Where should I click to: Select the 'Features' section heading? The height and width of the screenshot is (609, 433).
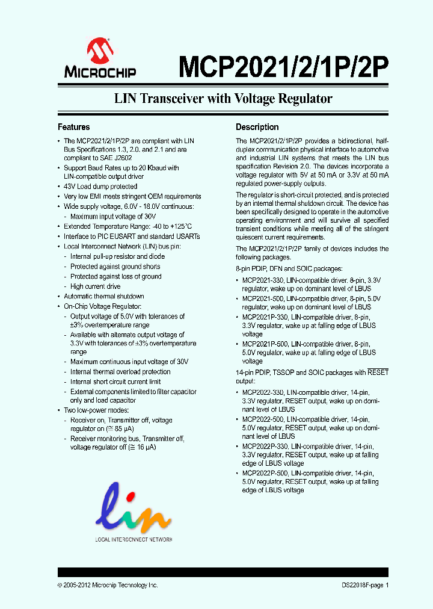[73, 128]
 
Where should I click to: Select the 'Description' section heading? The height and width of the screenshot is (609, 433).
[257, 128]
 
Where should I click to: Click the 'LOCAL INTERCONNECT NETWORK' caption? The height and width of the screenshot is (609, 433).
[134, 539]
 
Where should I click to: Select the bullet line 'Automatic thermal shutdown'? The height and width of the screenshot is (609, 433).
[104, 296]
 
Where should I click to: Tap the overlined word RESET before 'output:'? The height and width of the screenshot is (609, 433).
[378, 373]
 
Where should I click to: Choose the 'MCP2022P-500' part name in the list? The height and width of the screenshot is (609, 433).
[265, 474]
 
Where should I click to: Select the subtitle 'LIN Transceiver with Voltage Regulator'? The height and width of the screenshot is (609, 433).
[223, 99]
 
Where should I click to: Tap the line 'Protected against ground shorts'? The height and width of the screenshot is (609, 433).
[115, 267]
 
